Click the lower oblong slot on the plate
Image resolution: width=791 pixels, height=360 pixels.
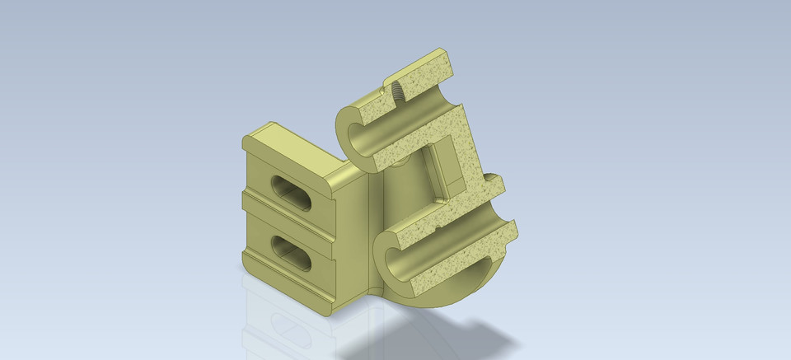pos(290,254)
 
